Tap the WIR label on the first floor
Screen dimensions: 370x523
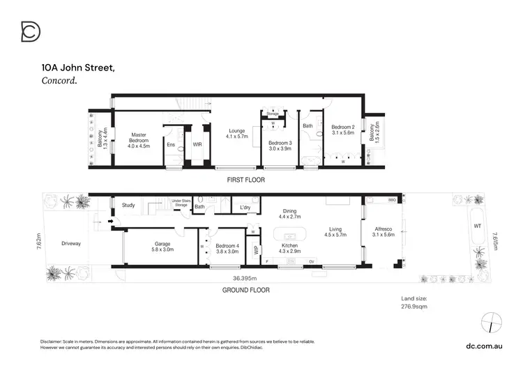[x=197, y=144]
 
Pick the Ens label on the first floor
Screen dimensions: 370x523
[x=171, y=144]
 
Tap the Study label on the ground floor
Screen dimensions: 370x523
[x=128, y=206]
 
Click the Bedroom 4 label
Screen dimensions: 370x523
[x=228, y=249]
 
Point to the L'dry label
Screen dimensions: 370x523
[x=245, y=208]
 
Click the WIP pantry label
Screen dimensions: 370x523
[x=256, y=249]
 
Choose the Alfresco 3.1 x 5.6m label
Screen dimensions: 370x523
[x=383, y=239]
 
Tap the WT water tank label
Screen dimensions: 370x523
[x=477, y=226]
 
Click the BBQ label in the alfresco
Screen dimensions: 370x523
[x=391, y=200]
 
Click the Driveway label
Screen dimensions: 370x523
[x=71, y=243]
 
